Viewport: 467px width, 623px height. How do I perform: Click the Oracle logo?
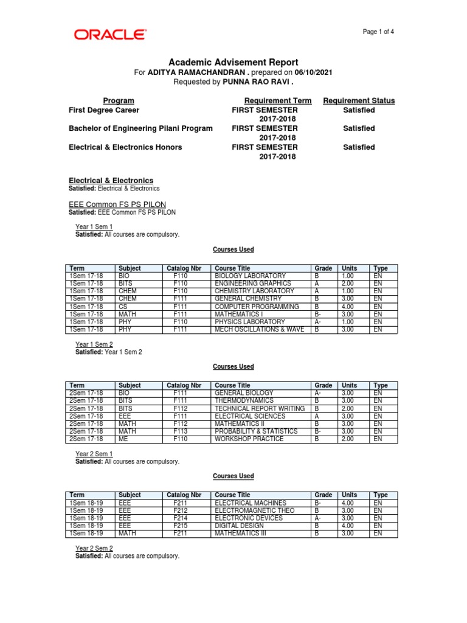110,34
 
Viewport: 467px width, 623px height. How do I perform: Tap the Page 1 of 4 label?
378,32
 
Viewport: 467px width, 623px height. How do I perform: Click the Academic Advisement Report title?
233,62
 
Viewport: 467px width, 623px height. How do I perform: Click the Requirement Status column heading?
359,100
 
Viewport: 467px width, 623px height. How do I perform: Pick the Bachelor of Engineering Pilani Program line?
140,128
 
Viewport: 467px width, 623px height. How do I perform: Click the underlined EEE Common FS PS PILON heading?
117,204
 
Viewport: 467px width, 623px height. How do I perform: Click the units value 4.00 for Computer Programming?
349,307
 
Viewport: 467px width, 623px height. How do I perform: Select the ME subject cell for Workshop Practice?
123,439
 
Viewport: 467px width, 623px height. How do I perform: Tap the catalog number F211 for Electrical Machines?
180,503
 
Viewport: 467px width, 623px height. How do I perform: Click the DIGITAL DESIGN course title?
239,526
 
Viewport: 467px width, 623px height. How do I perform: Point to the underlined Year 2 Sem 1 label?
94,454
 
